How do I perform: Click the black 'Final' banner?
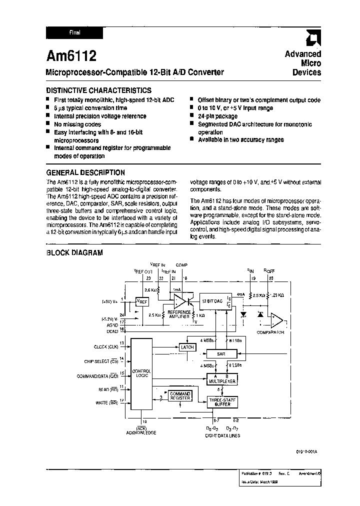[x=74, y=33]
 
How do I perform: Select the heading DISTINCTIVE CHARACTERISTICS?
[x=98, y=90]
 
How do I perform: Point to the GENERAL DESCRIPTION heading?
[x=85, y=172]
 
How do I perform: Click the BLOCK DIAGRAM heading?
[x=74, y=253]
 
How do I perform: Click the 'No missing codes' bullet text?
[x=77, y=124]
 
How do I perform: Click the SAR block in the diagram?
[x=221, y=353]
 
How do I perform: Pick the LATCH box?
[x=187, y=346]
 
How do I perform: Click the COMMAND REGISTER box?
[x=180, y=396]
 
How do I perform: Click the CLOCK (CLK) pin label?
[x=105, y=346]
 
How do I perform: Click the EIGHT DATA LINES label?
[x=222, y=435]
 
